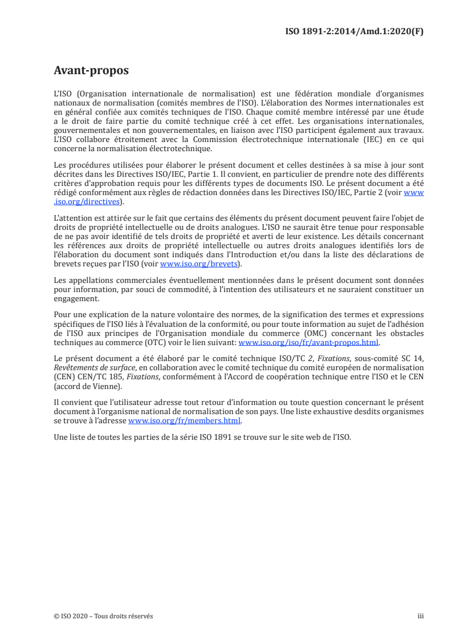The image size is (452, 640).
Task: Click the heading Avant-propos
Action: [91, 71]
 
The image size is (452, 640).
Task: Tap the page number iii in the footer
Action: [421, 616]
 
